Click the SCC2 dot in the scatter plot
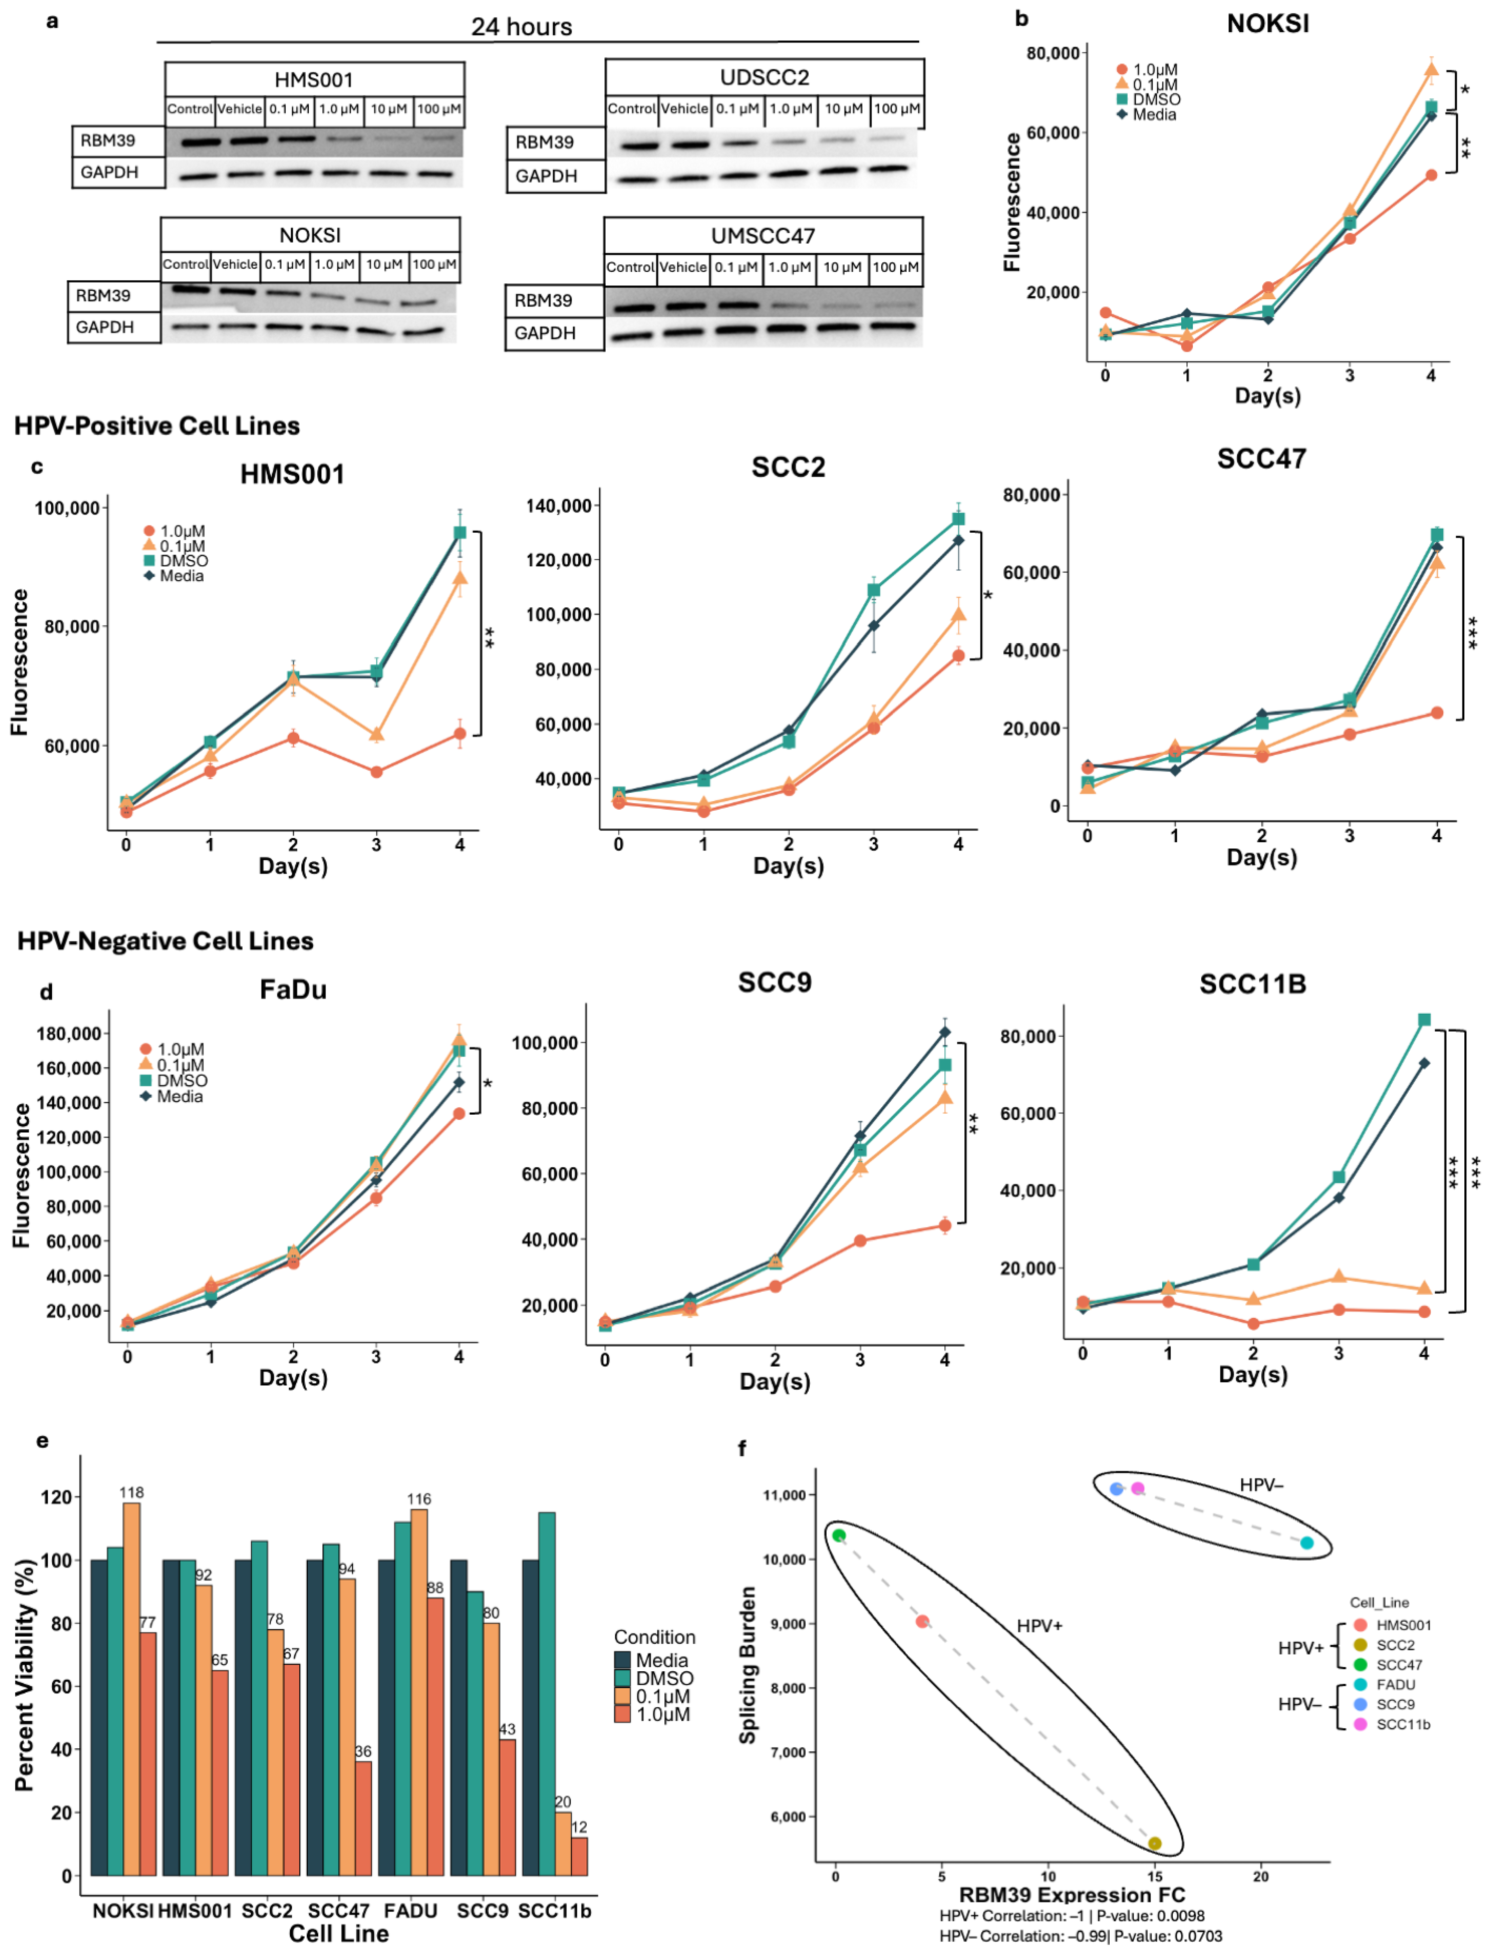(x=1154, y=1843)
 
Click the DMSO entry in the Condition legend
(x=664, y=1679)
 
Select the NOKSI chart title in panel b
(x=1267, y=24)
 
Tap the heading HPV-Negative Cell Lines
(x=166, y=941)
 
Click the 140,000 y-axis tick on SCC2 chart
(x=558, y=506)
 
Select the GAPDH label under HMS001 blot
(x=110, y=173)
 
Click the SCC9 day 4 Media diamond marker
(x=944, y=1033)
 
